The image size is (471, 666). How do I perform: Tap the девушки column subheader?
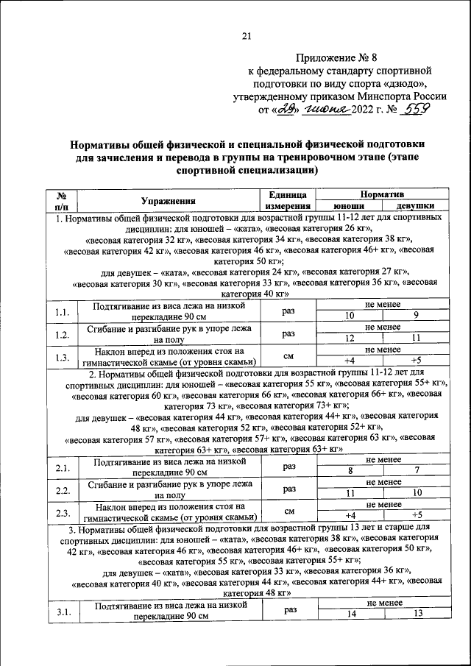tap(415, 207)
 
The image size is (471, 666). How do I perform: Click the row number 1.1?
tap(62, 312)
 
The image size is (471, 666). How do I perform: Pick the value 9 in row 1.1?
tap(416, 316)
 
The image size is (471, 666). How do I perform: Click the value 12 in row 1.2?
tap(350, 339)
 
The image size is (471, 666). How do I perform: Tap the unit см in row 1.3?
tap(288, 355)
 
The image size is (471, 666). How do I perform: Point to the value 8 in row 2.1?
tap(350, 471)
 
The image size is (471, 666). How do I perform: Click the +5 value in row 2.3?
tap(416, 514)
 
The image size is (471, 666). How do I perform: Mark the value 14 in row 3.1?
tap(350, 614)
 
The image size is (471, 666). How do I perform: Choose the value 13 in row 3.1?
tap(417, 614)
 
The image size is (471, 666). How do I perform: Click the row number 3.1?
tap(62, 611)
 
